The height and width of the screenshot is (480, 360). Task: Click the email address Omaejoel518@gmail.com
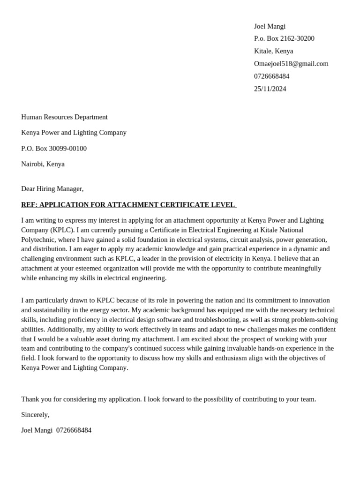point(291,64)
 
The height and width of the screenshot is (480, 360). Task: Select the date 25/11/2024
point(270,89)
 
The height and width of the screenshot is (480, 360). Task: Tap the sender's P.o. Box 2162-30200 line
point(284,38)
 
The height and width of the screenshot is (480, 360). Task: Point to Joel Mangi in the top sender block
point(269,26)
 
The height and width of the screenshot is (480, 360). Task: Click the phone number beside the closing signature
point(74,430)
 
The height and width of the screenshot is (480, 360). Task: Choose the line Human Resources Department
point(64,117)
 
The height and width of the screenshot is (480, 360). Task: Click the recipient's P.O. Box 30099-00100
point(54,149)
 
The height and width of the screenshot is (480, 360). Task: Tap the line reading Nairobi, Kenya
point(43,164)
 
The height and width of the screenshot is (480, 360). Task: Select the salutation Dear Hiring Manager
point(52,189)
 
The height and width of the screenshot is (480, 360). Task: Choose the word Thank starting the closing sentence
point(30,399)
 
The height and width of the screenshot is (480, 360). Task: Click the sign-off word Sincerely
point(35,415)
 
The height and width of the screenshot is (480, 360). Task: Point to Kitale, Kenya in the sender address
point(273,51)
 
